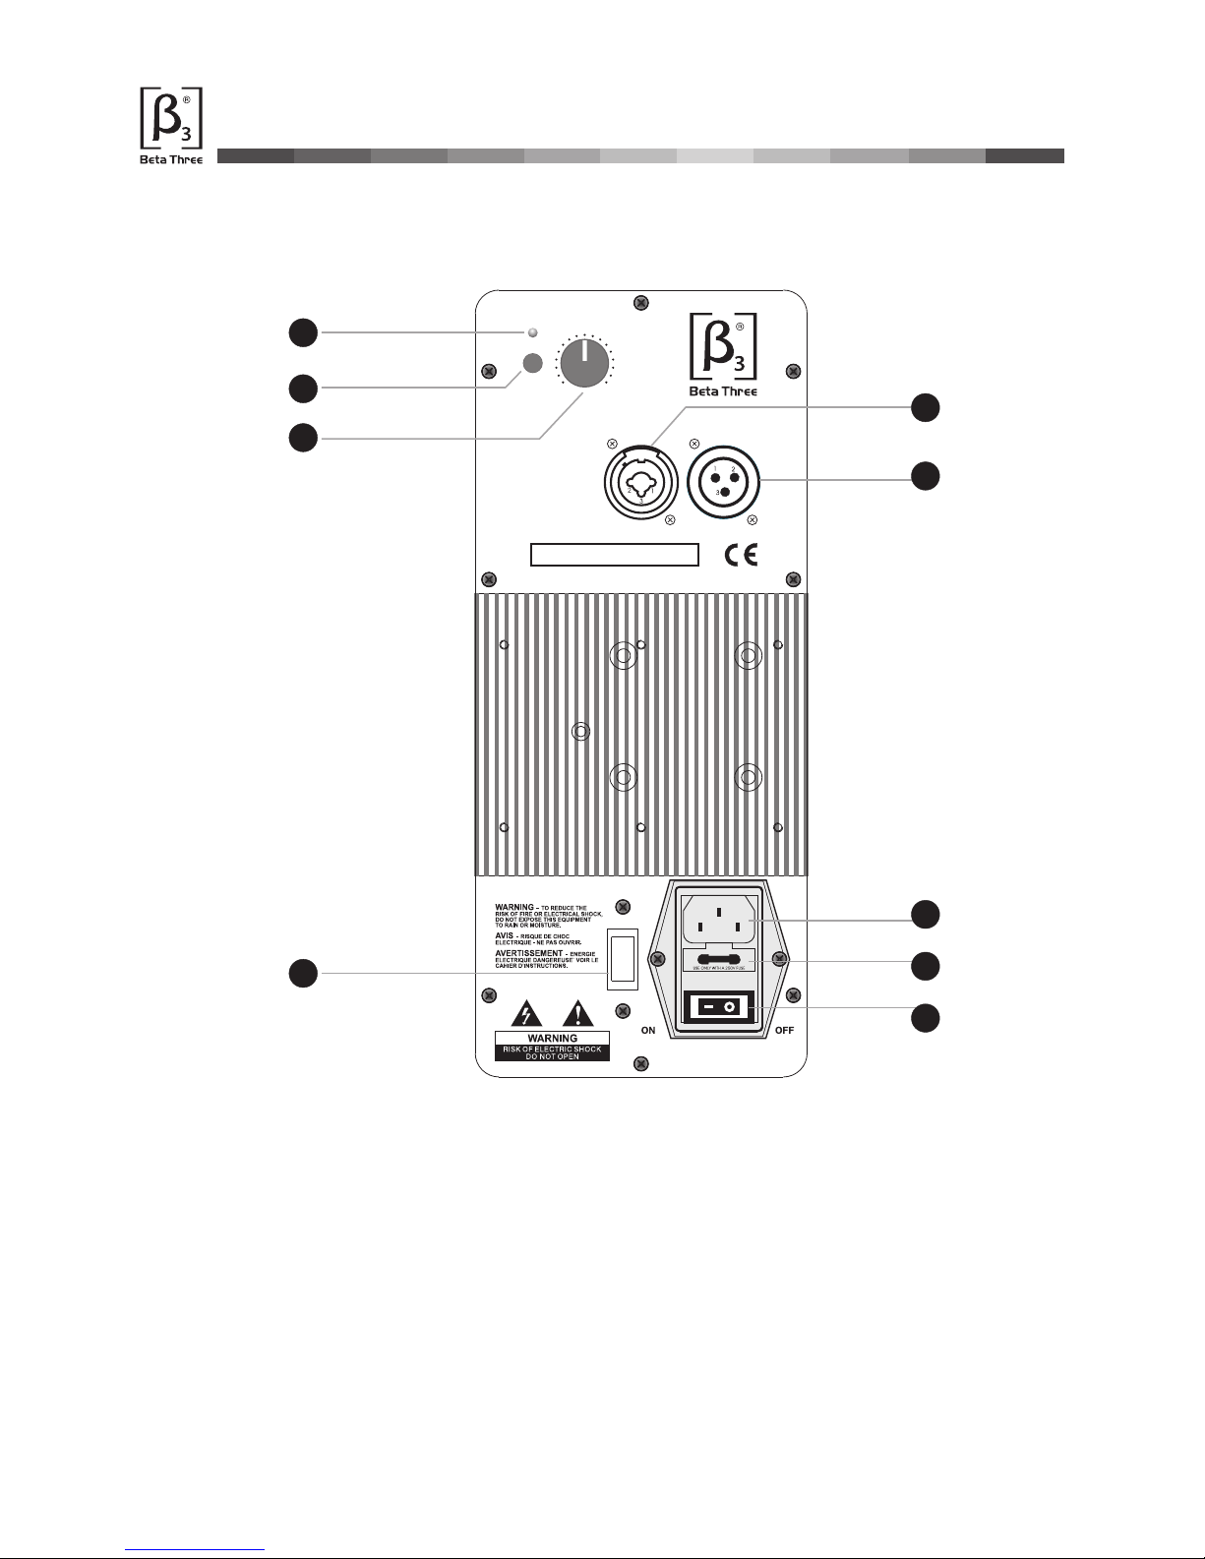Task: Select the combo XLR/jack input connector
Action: point(640,481)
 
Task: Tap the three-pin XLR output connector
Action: point(723,481)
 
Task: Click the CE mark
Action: point(741,556)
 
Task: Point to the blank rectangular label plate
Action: point(614,555)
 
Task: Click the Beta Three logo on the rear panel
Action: point(723,352)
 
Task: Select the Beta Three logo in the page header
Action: point(170,125)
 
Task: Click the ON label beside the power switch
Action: point(648,1032)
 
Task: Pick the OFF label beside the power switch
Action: point(784,1032)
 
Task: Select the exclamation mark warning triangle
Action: point(578,1012)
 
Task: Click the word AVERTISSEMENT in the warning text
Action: point(529,953)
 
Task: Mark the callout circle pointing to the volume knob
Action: point(303,438)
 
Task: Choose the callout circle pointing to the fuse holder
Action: point(926,966)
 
